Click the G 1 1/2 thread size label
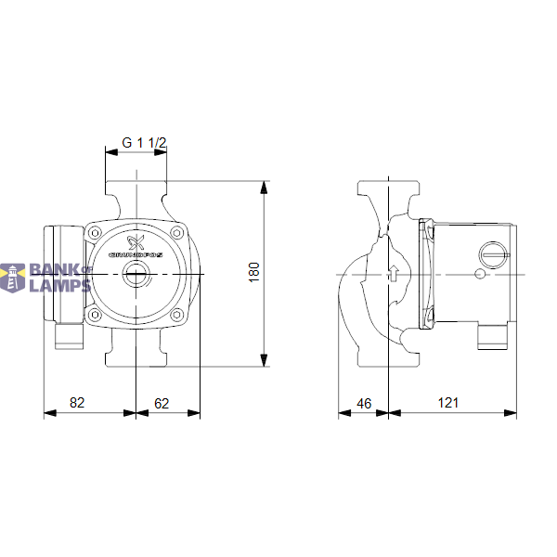tap(144, 143)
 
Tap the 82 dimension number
tap(78, 403)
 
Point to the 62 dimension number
tap(162, 403)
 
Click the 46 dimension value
tap(364, 403)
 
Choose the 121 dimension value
tap(448, 403)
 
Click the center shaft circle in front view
tap(136, 275)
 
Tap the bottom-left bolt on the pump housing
tap(96, 317)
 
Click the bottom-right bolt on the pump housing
tap(176, 317)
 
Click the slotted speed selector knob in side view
tap(493, 253)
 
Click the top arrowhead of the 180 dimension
tap(265, 187)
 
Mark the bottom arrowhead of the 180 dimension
tap(265, 360)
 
